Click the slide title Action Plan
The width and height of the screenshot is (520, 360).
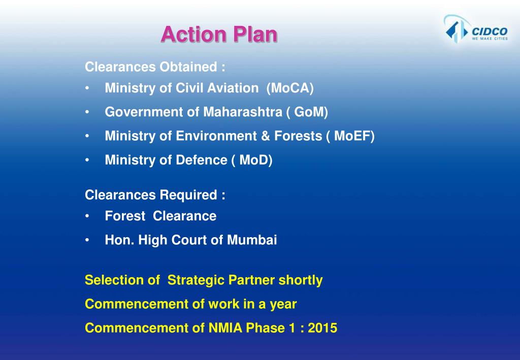pyautogui.click(x=219, y=35)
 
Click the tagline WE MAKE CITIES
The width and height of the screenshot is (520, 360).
pyautogui.click(x=490, y=39)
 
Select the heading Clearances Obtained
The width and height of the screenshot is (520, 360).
pyautogui.click(x=155, y=67)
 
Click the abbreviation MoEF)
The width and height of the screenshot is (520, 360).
pyautogui.click(x=358, y=136)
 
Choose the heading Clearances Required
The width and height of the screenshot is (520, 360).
pyautogui.click(x=155, y=195)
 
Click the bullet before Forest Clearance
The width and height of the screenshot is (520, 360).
pyautogui.click(x=88, y=216)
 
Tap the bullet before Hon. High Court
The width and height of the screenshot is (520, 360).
pyautogui.click(x=88, y=240)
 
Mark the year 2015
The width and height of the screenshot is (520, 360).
pyautogui.click(x=322, y=328)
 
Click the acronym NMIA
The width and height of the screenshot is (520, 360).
pyautogui.click(x=225, y=328)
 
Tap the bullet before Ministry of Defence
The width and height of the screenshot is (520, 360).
pyautogui.click(x=88, y=160)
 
